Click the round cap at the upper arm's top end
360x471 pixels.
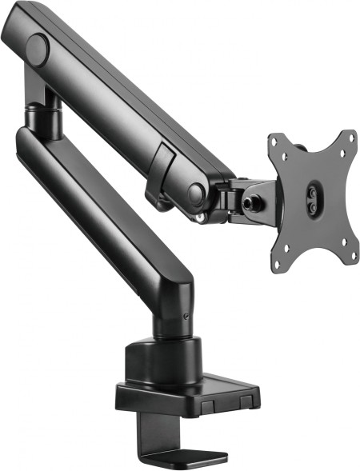[x=37, y=50]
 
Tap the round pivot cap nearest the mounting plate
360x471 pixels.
[x=195, y=193]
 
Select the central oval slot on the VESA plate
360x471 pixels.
[x=311, y=197]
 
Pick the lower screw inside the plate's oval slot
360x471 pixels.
[x=311, y=204]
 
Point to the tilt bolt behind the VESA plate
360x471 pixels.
[x=257, y=202]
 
